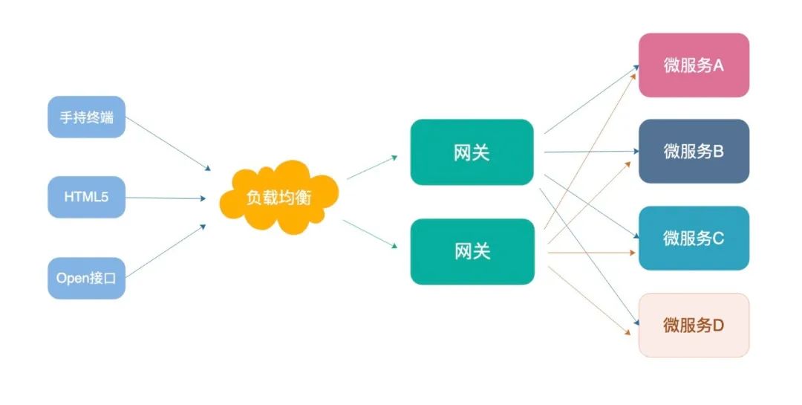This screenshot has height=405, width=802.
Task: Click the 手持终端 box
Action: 86,117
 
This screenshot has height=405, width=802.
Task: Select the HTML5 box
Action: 86,198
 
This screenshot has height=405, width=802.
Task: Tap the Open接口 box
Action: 86,279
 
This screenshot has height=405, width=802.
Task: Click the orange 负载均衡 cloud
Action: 278,198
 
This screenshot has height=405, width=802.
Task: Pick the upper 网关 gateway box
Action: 472,152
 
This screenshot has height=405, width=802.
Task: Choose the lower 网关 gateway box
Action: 472,251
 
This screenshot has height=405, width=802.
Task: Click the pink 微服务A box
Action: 694,65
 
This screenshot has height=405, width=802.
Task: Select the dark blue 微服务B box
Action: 694,152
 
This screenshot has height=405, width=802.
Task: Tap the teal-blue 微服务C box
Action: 694,239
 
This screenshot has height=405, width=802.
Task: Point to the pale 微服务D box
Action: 694,325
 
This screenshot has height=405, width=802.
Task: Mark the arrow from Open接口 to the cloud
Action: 166,250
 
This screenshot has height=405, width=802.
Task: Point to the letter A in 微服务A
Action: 718,65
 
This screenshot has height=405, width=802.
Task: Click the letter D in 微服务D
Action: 718,325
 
